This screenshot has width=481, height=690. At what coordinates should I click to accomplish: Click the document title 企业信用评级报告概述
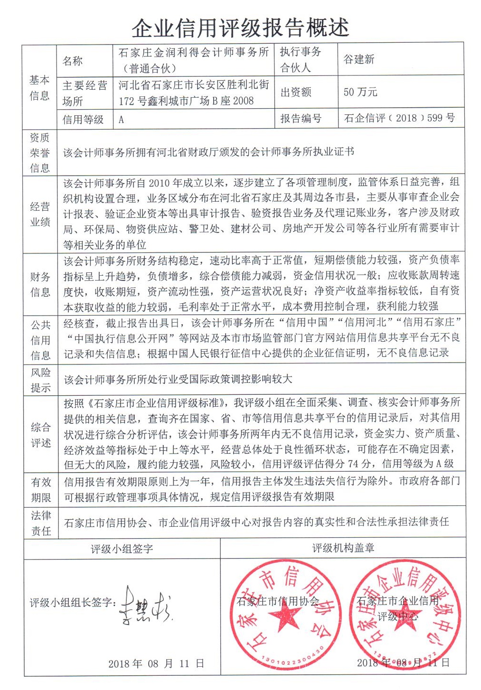[x=240, y=28]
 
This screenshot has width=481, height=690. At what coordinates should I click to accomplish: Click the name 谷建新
[x=359, y=59]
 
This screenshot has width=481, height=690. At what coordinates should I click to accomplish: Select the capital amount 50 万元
[x=360, y=92]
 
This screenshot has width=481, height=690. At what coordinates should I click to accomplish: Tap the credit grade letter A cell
[x=122, y=120]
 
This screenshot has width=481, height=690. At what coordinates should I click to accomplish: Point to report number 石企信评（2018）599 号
[x=399, y=118]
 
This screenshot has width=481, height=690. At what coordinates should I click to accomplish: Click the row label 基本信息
[x=39, y=87]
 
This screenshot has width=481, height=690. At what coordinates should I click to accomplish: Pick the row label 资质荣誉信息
[x=40, y=152]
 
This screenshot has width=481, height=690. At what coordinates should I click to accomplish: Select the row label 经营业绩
[x=40, y=214]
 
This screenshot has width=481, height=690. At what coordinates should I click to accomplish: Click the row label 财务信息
[x=40, y=284]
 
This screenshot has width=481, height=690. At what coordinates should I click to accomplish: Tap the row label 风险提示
[x=40, y=380]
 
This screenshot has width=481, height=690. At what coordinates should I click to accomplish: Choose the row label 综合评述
[x=40, y=435]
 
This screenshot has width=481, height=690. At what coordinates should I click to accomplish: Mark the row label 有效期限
[x=41, y=490]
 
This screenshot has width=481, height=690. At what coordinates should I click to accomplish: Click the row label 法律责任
[x=41, y=523]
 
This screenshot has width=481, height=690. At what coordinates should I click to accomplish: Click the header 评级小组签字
[x=122, y=549]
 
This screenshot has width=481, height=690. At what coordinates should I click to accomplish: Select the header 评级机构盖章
[x=343, y=548]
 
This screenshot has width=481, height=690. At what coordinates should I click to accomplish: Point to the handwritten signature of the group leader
[x=145, y=605]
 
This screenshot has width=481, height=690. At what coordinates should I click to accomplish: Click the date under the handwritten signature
[x=156, y=663]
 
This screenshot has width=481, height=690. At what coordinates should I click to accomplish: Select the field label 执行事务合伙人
[x=300, y=59]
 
